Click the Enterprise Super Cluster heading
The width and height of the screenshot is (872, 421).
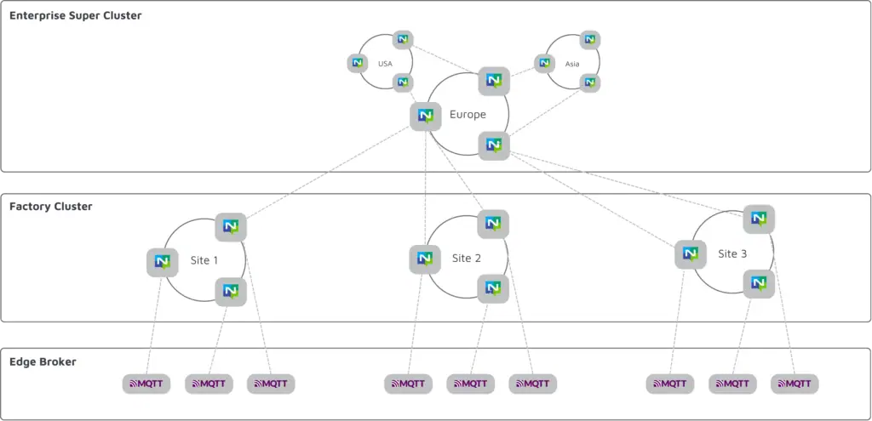pyautogui.click(x=75, y=15)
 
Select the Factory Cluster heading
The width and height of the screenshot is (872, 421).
pyautogui.click(x=51, y=207)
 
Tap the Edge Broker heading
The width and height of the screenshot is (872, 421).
pyautogui.click(x=43, y=361)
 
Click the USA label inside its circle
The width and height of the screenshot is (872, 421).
pyautogui.click(x=385, y=64)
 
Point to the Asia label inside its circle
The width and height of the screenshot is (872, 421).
pyautogui.click(x=571, y=64)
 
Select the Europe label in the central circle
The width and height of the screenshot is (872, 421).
pyautogui.click(x=468, y=114)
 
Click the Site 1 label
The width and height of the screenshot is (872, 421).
pyautogui.click(x=204, y=260)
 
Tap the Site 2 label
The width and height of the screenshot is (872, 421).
pyautogui.click(x=467, y=258)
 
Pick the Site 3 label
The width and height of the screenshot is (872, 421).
pyautogui.click(x=732, y=253)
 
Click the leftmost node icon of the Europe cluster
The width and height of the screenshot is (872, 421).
pyautogui.click(x=425, y=116)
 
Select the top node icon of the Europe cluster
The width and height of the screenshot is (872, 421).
pyautogui.click(x=493, y=81)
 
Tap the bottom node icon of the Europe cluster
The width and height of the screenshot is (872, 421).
pyautogui.click(x=493, y=145)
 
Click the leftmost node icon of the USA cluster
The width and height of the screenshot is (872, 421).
pyautogui.click(x=358, y=63)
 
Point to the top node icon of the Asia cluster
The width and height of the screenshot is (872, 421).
pyautogui.click(x=589, y=40)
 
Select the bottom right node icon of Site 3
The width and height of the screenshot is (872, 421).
pyautogui.click(x=759, y=283)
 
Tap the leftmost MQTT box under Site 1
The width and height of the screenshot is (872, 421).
pyautogui.click(x=146, y=384)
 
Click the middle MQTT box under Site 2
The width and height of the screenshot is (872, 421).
pyautogui.click(x=471, y=384)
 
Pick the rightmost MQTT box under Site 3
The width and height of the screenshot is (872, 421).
pyautogui.click(x=795, y=384)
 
